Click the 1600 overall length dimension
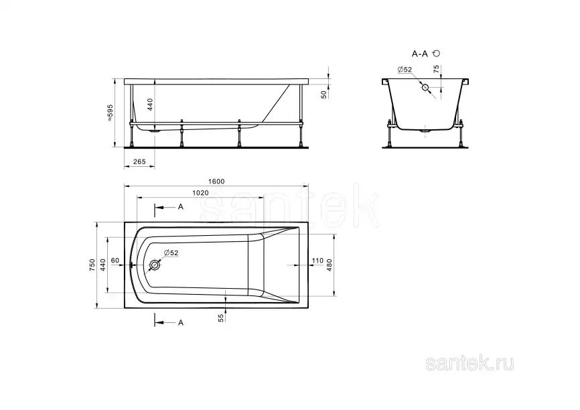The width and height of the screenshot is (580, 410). (x=216, y=182)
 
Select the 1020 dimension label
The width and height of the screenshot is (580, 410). (x=201, y=193)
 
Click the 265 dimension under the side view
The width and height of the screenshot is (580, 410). (x=139, y=161)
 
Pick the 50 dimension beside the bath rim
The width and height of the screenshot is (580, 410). (x=323, y=95)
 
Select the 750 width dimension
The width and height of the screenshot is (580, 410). (x=92, y=265)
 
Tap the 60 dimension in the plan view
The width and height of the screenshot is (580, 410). (x=115, y=260)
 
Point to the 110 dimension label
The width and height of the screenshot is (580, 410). (x=317, y=260)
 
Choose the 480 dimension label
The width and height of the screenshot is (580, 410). (x=330, y=265)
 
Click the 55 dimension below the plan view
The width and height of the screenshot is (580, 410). (x=221, y=318)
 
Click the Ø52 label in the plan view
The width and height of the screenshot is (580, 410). (x=171, y=253)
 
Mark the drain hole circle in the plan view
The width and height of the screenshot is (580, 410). (x=155, y=265)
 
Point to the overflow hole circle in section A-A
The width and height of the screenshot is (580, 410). (x=425, y=87)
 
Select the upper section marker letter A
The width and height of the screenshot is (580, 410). (x=181, y=207)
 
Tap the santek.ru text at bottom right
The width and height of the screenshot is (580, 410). (x=471, y=364)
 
